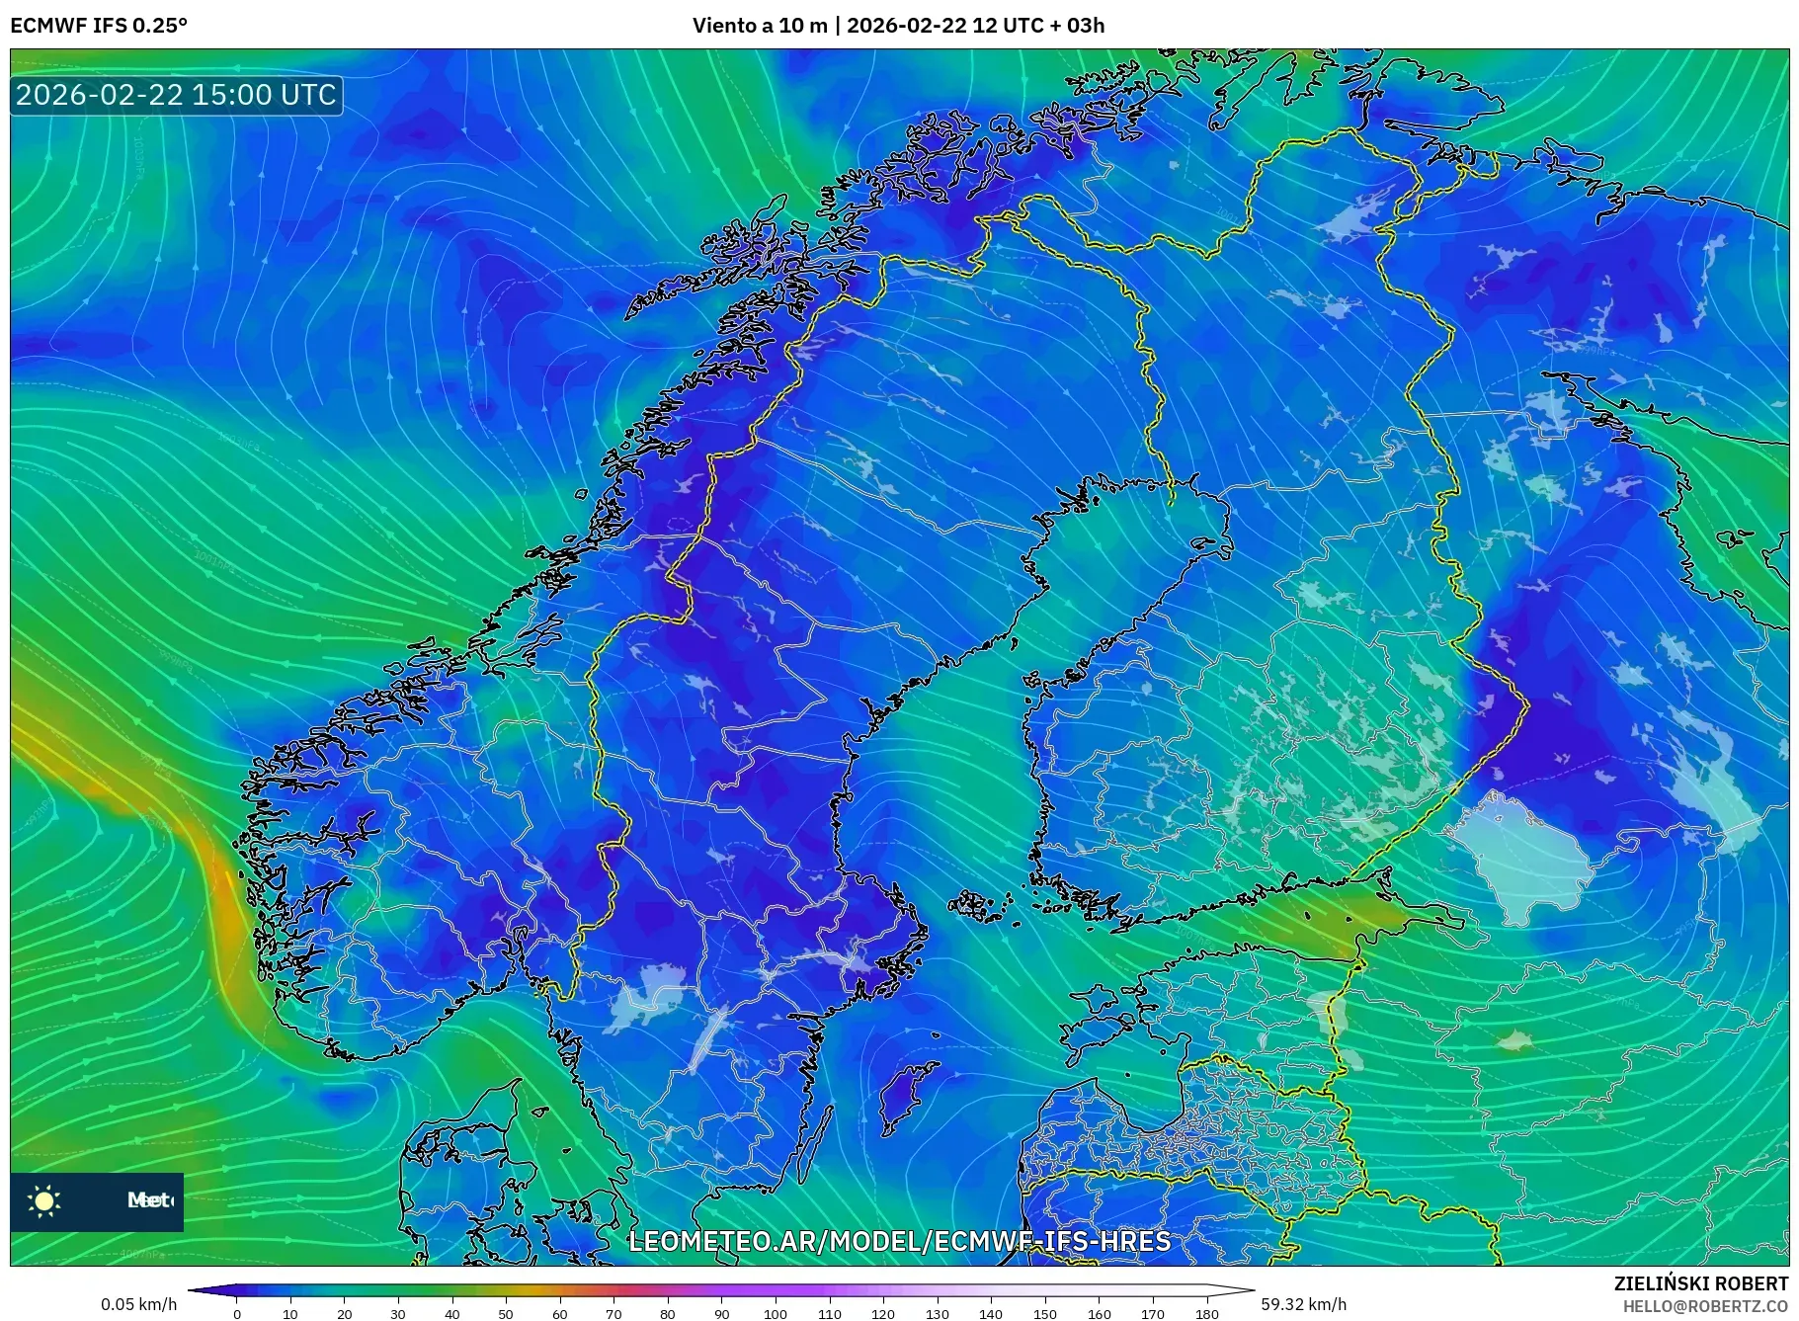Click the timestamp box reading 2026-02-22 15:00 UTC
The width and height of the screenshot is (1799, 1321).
coord(176,95)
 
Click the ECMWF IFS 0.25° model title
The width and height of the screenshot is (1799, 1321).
coord(99,26)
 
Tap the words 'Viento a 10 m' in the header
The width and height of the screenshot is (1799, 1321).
coord(759,26)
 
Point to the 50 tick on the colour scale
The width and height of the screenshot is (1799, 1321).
coord(506,1313)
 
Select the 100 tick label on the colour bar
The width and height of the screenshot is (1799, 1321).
coord(776,1313)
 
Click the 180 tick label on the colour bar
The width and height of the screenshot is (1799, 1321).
coord(1206,1313)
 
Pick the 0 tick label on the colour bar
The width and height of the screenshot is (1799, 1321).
coord(237,1313)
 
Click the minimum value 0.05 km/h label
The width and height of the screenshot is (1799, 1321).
coord(138,1304)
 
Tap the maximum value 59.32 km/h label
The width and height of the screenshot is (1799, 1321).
coord(1303,1304)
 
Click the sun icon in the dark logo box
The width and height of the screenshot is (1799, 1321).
coord(44,1200)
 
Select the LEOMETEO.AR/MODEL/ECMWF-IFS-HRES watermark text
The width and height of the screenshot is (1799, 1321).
coord(899,1241)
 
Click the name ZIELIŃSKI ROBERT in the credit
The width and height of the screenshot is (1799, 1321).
coord(1700,1283)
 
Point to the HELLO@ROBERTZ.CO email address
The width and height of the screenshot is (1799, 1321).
coord(1704,1306)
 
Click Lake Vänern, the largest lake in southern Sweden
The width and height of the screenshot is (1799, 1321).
coord(647,996)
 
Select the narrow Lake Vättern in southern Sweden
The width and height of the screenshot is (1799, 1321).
coord(707,1037)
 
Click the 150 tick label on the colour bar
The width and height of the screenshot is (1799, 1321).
coord(1044,1313)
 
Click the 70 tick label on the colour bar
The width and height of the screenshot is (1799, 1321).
coord(613,1313)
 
